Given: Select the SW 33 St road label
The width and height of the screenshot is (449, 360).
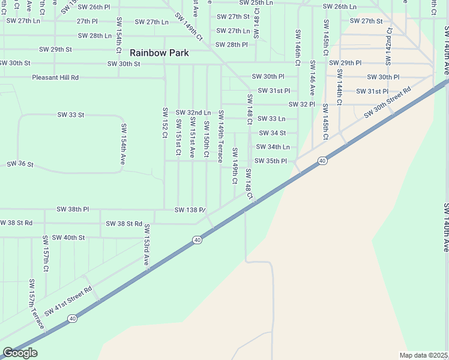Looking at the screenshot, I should (71, 114).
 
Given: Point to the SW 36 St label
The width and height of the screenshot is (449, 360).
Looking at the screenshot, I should (20, 164).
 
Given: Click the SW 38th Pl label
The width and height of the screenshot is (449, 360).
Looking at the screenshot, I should (73, 209).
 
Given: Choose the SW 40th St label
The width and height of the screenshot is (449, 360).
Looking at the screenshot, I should (68, 238).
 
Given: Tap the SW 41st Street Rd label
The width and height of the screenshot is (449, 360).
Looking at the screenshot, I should (68, 299).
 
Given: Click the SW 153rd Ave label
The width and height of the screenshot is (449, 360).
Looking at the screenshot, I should (146, 245).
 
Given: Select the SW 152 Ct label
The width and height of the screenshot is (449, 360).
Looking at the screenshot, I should (164, 122).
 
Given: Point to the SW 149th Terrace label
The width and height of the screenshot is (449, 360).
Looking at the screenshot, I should (221, 136).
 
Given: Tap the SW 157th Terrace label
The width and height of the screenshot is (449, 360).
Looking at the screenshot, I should (35, 304).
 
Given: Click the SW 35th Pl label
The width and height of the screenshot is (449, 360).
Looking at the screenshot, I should (271, 161).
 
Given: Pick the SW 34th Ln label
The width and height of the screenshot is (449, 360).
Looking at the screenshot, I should (273, 147).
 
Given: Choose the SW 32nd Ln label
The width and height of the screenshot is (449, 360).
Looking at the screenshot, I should (193, 112).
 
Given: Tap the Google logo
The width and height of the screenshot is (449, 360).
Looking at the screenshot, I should (20, 353).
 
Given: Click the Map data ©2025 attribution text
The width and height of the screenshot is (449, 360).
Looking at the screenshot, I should (423, 355).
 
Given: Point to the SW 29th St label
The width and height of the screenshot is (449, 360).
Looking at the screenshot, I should (55, 49).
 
